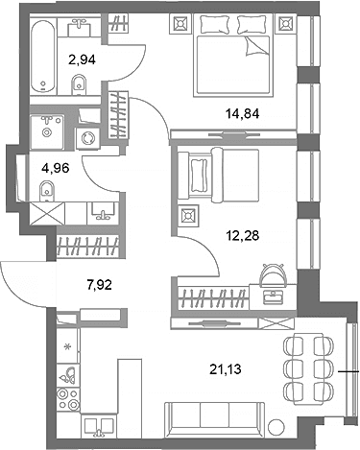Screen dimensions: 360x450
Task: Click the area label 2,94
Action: pos(82,59)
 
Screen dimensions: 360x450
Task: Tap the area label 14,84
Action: pos(242,113)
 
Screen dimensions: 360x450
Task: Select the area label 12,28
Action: pos(242,236)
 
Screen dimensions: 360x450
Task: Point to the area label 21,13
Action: pos(226,369)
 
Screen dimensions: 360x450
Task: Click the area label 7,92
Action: pos(99,284)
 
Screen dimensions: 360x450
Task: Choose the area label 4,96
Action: pos(56,168)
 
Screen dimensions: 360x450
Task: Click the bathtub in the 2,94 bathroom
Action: pos(43,57)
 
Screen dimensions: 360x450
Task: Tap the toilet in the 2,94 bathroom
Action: pos(79,84)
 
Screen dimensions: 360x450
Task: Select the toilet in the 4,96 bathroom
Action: pos(47,191)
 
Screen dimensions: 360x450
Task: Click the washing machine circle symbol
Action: pos(88,138)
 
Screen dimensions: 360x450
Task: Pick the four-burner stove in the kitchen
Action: pos(68,399)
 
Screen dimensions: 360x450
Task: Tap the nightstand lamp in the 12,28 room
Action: pos(188,215)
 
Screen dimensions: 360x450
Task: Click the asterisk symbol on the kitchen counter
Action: pos(67,346)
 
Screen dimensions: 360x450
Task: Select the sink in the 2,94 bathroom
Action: pos(80,27)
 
